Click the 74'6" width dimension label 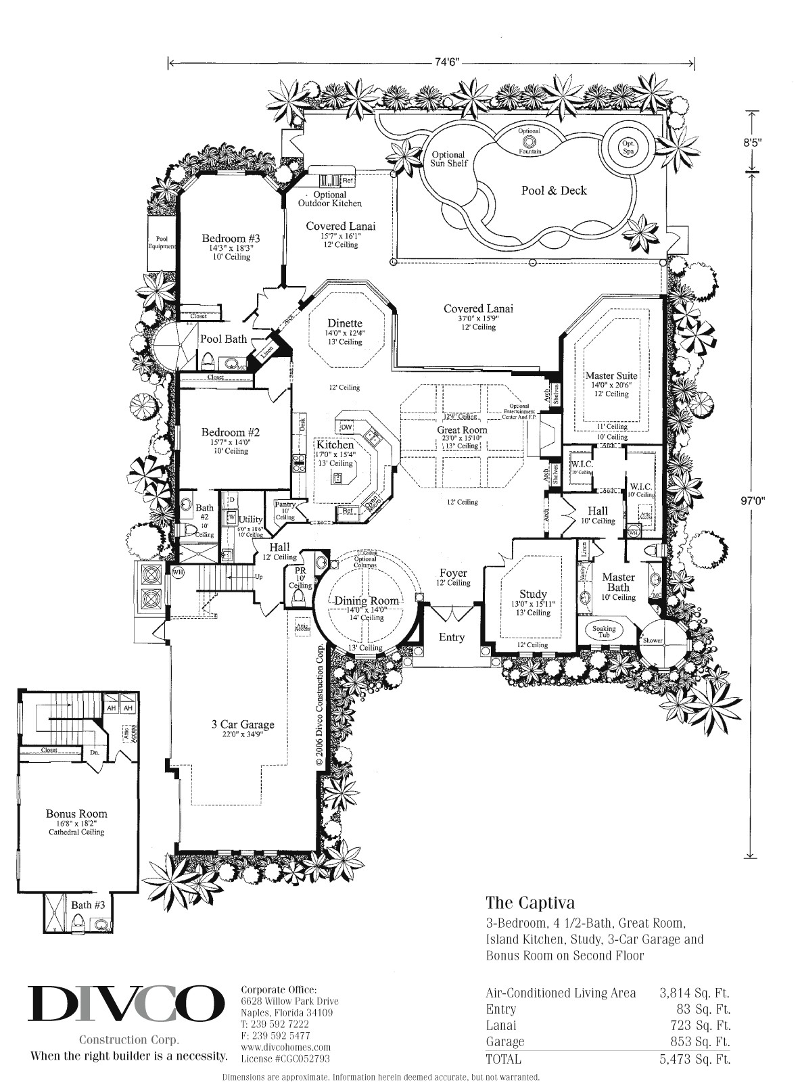(433, 63)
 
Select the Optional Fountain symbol (529, 141)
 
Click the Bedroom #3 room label (231, 239)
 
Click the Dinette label (345, 323)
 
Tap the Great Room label (462, 429)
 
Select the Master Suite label (611, 375)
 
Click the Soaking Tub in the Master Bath (604, 632)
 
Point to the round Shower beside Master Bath (653, 640)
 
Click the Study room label (533, 594)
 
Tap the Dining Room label (364, 601)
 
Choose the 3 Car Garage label (243, 724)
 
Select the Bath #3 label (88, 904)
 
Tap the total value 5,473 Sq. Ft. (695, 1059)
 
